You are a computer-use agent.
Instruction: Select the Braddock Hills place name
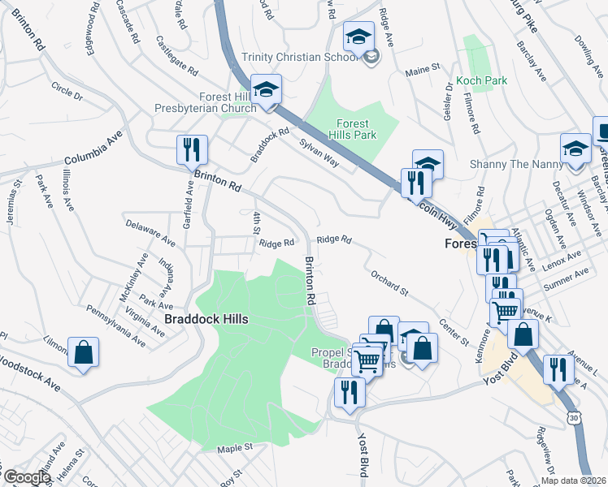[x=206, y=319]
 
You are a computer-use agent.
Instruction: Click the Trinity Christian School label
[x=300, y=57]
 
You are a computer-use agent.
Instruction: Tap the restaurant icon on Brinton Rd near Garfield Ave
[x=193, y=149]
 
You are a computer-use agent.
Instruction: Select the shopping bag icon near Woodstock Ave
[x=83, y=352]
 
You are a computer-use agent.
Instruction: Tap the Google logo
[x=26, y=477]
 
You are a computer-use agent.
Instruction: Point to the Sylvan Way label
[x=319, y=150]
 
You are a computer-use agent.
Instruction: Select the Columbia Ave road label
[x=93, y=148]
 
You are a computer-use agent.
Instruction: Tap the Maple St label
[x=236, y=447]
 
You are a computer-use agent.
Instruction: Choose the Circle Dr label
[x=67, y=90]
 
